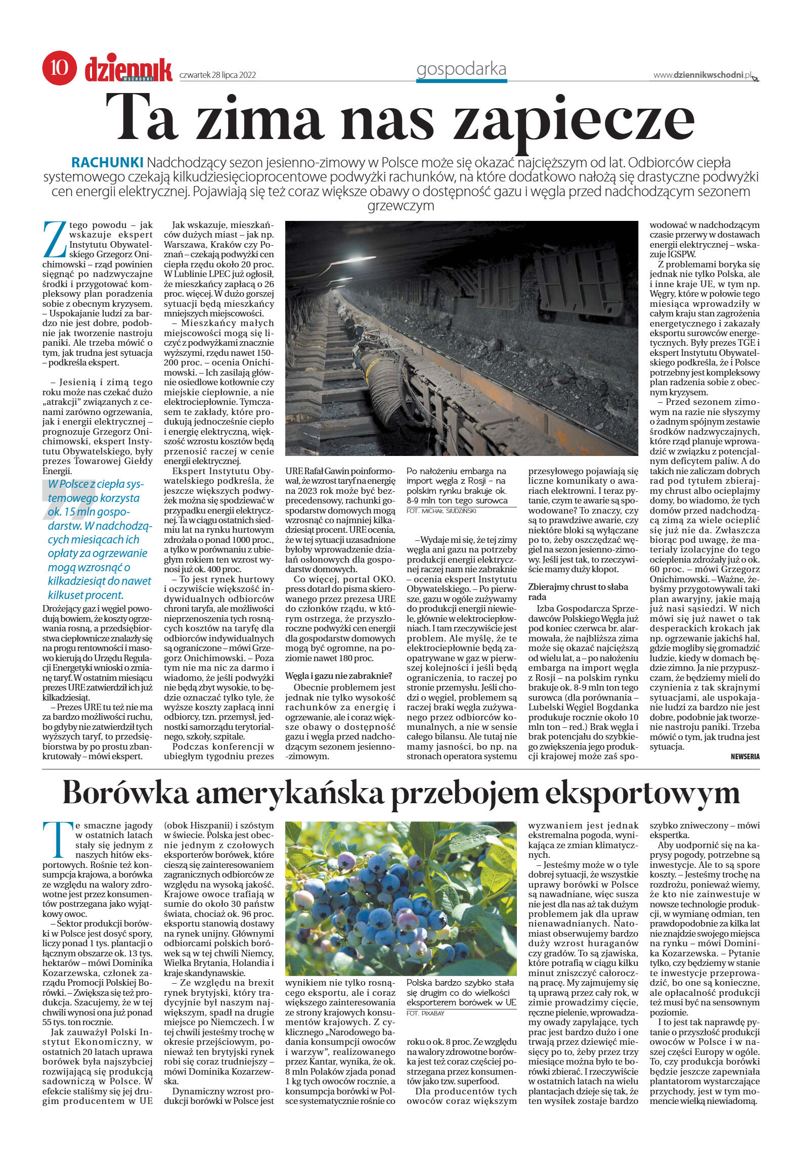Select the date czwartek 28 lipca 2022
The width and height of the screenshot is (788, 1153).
coord(218,75)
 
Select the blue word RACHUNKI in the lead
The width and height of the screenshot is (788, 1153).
coord(107,163)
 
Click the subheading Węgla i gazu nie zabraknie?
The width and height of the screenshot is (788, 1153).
coord(338,675)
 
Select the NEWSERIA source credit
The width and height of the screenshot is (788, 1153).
coord(745,757)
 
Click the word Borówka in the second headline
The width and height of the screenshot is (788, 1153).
coord(126,793)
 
